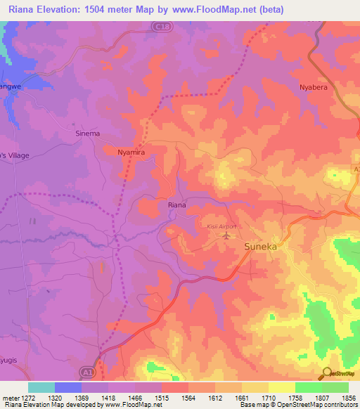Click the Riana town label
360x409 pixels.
(x=176, y=205)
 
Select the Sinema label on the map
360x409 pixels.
(x=87, y=133)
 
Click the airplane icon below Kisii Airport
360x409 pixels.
(x=226, y=235)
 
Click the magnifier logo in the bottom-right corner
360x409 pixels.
(x=328, y=373)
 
